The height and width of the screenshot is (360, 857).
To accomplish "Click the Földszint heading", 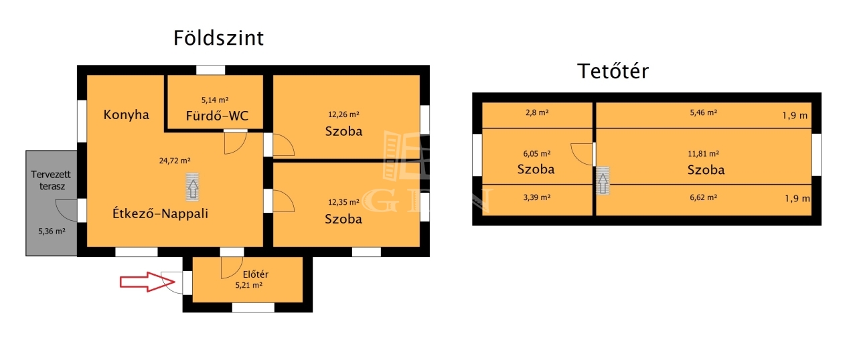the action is [218, 38].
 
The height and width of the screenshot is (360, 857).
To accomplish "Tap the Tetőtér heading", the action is [613, 71].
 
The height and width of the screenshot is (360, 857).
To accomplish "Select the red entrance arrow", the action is [147, 282].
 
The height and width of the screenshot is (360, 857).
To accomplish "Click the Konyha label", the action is [127, 114].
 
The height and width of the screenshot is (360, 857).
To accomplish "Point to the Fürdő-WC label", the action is [217, 115].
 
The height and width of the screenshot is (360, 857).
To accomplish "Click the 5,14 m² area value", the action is [215, 100].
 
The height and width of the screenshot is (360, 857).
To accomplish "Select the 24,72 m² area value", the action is [175, 161].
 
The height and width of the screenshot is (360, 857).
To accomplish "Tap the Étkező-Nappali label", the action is [160, 213].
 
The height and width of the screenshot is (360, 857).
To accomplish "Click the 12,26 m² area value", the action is [343, 114].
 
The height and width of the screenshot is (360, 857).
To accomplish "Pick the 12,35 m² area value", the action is [343, 202].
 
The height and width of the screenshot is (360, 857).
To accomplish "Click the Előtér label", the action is [256, 274].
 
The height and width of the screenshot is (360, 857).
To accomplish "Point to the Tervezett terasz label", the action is [51, 181].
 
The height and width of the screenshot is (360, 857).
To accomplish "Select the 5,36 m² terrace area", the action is [52, 232].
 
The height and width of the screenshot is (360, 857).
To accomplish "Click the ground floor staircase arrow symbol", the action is [192, 187].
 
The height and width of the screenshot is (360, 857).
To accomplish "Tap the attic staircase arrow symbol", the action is [603, 181].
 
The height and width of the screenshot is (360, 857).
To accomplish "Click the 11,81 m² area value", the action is [703, 154].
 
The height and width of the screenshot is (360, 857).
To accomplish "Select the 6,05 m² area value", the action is [537, 154].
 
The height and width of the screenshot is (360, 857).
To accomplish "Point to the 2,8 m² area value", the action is [537, 112].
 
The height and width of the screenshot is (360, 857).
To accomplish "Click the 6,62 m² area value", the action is [703, 197].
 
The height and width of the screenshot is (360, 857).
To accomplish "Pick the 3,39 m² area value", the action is [537, 197].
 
